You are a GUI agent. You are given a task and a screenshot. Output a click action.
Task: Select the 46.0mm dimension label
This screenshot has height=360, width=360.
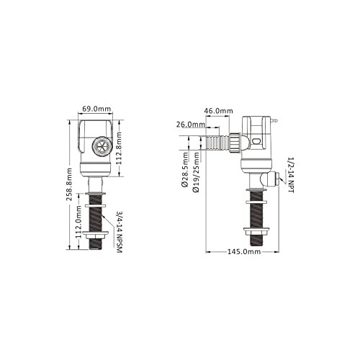point(218,112)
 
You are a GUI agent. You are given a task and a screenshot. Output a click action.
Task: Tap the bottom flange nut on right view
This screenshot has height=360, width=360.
point(257,235)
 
